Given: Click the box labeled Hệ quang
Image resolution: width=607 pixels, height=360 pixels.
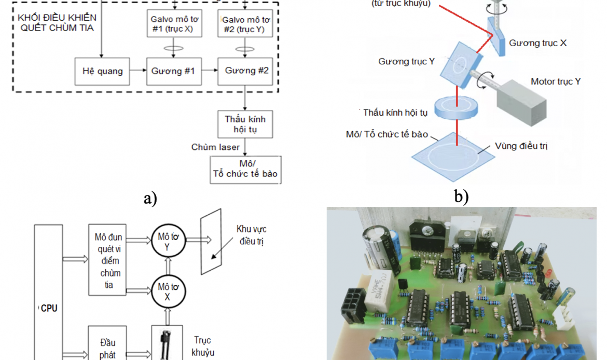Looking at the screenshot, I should click(x=102, y=71).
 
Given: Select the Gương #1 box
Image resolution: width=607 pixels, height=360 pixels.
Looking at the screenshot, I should click(x=172, y=71).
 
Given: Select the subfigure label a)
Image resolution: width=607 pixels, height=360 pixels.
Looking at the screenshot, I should click(x=150, y=197).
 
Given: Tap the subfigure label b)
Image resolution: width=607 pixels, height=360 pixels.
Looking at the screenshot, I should click(x=461, y=196).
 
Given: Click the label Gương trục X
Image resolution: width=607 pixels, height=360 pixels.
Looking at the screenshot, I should click(x=537, y=43).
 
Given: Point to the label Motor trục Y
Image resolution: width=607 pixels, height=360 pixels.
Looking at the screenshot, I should click(x=556, y=81).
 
